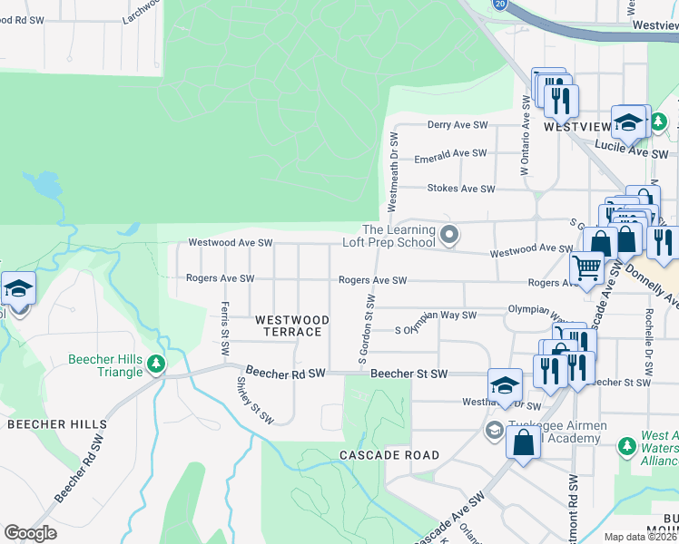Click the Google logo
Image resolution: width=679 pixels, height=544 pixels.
[30, 532]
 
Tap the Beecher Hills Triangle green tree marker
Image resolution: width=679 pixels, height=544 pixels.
[157, 364]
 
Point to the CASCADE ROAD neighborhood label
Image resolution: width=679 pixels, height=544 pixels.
[389, 455]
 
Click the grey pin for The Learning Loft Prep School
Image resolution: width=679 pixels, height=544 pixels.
[448, 237]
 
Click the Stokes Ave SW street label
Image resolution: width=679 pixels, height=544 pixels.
[460, 189]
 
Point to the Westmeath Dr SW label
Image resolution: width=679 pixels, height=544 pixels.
[394, 172]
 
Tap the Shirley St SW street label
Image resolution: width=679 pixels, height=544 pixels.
[256, 401]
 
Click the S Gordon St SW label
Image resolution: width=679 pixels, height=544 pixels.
[366, 331]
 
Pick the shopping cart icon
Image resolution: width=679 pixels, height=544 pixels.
[587, 268]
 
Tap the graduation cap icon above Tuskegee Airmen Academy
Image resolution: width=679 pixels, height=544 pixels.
[505, 385]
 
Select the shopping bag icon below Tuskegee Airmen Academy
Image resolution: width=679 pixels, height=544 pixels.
[523, 444]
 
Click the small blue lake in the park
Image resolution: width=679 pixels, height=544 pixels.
[42, 186]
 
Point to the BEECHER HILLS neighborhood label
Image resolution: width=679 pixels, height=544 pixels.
[57, 423]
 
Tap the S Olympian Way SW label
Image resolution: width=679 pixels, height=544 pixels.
[436, 322]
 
